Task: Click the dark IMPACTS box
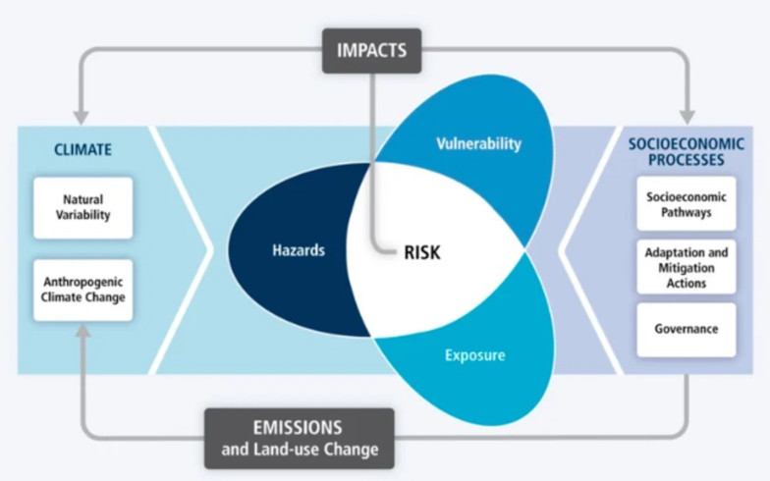371,51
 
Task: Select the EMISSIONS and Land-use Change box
299,438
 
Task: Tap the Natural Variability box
82,208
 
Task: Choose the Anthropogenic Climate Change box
82,290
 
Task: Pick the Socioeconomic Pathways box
686,204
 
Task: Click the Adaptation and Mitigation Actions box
686,267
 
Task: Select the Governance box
686,330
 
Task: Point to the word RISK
422,252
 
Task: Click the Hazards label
299,250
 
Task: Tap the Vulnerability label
479,143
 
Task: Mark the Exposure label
475,355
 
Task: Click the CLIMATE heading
82,149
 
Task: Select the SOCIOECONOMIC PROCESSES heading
686,151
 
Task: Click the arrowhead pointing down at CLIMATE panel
81,118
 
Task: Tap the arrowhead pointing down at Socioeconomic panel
687,118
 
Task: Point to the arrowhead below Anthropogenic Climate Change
83,332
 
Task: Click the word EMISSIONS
298,428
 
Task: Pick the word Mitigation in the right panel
686,268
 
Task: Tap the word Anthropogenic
82,283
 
